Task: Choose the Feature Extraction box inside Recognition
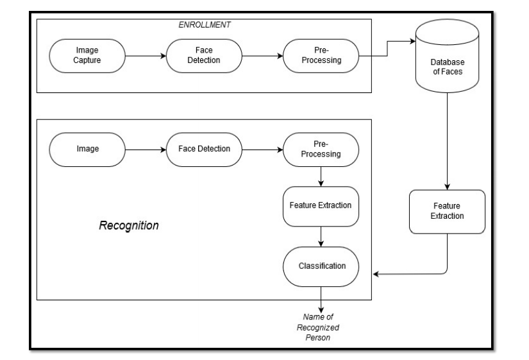[x=321, y=207]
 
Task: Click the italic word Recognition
[x=129, y=227]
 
